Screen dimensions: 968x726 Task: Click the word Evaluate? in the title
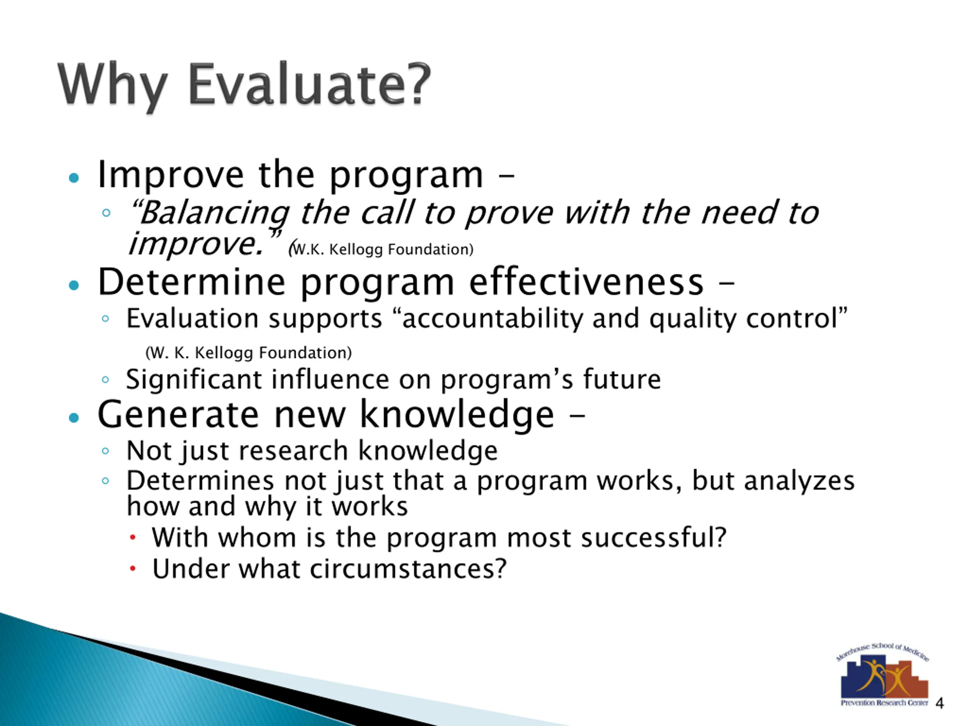click(x=310, y=84)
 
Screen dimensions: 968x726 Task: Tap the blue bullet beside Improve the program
click(x=74, y=178)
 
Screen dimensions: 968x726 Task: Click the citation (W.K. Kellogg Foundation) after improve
click(x=381, y=249)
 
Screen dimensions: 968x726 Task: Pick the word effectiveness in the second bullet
click(x=586, y=282)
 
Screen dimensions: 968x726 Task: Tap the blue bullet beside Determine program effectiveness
click(x=74, y=285)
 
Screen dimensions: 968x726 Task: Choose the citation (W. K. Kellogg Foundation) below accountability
click(x=248, y=353)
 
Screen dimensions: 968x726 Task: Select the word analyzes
click(x=799, y=481)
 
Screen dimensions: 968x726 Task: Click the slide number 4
click(x=939, y=704)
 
